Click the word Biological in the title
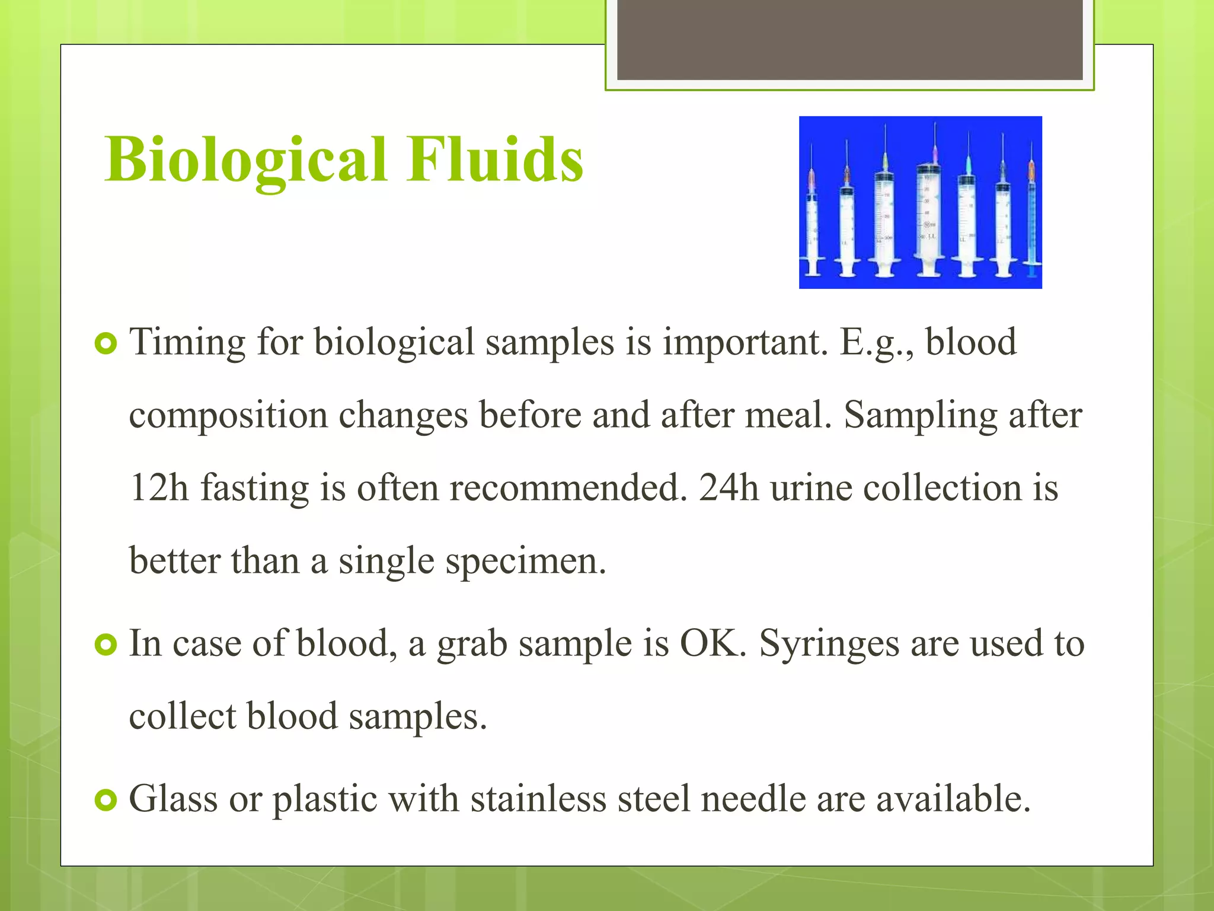click(x=246, y=160)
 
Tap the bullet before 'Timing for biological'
click(x=106, y=343)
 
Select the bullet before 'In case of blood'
click(x=106, y=645)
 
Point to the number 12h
click(x=158, y=488)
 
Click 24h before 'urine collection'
click(x=729, y=488)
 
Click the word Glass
click(x=173, y=799)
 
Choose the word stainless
click(x=538, y=799)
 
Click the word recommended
click(x=567, y=488)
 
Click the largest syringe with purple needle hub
click(x=928, y=219)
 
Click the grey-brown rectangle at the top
click(x=849, y=40)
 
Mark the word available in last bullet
click(x=953, y=799)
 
